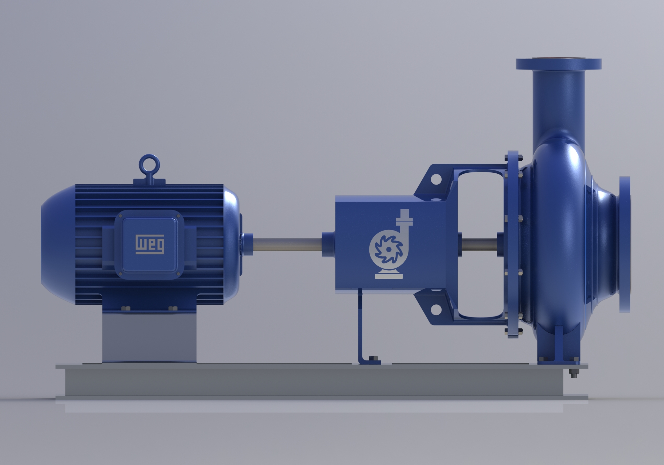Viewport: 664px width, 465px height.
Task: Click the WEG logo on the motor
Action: point(150,244)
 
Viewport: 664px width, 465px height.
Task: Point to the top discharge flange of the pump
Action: point(559,64)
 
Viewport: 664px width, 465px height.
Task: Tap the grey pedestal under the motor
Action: point(150,339)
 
